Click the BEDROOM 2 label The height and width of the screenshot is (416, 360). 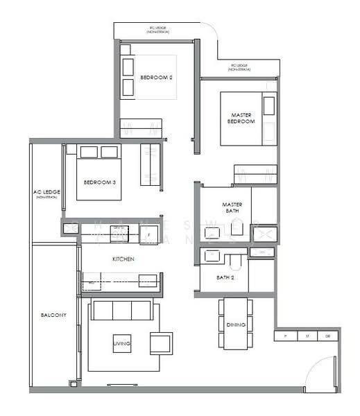(156, 78)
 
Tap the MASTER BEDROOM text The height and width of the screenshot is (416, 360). (241, 118)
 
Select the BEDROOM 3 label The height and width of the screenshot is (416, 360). (99, 182)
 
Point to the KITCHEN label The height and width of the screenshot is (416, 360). (123, 259)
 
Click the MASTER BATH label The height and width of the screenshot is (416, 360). (231, 207)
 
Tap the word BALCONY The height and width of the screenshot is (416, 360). (53, 315)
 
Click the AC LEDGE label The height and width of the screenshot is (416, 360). (45, 193)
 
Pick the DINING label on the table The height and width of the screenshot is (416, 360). (235, 324)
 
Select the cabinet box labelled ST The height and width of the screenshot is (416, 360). (307, 336)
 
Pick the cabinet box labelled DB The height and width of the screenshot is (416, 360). (328, 336)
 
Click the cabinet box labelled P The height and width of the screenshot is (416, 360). (285, 336)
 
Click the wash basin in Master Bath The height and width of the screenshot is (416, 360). (212, 233)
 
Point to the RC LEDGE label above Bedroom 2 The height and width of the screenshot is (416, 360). (157, 29)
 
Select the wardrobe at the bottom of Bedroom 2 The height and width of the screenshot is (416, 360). (141, 128)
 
